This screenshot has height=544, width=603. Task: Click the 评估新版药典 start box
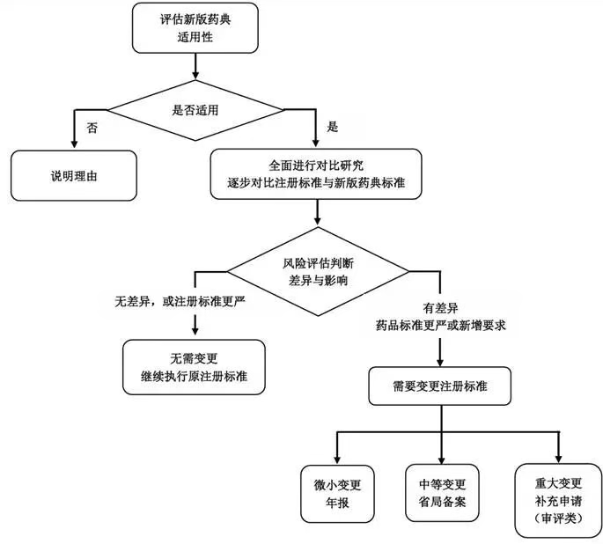tap(195, 28)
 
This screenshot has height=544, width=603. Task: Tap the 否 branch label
tap(92, 128)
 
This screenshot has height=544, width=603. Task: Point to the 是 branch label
tap(334, 128)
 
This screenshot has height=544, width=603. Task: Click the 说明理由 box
tap(74, 176)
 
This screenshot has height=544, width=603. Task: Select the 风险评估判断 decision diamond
tap(318, 271)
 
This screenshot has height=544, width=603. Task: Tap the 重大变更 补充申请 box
tap(559, 500)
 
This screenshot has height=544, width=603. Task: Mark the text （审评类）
tap(559, 518)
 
